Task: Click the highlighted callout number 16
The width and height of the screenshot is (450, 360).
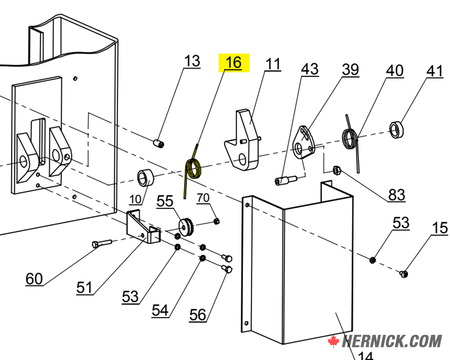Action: click(233, 62)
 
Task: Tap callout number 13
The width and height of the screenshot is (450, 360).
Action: click(192, 61)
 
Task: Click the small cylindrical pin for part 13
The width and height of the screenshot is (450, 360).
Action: click(159, 143)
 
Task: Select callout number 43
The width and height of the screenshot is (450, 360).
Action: click(310, 69)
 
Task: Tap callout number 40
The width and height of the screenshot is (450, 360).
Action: click(394, 70)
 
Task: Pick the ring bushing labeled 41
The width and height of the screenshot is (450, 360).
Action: click(396, 129)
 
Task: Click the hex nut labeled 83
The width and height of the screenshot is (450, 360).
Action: click(336, 170)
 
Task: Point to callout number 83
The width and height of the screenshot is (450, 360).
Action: click(397, 195)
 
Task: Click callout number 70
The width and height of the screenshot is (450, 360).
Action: click(203, 198)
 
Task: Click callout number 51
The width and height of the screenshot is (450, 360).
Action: click(84, 287)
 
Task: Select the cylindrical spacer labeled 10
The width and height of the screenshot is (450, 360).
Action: click(146, 177)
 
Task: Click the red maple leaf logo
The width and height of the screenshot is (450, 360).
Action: click(333, 341)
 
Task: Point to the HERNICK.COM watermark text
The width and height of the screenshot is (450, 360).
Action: click(392, 341)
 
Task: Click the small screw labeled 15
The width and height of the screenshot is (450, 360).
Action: click(404, 274)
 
